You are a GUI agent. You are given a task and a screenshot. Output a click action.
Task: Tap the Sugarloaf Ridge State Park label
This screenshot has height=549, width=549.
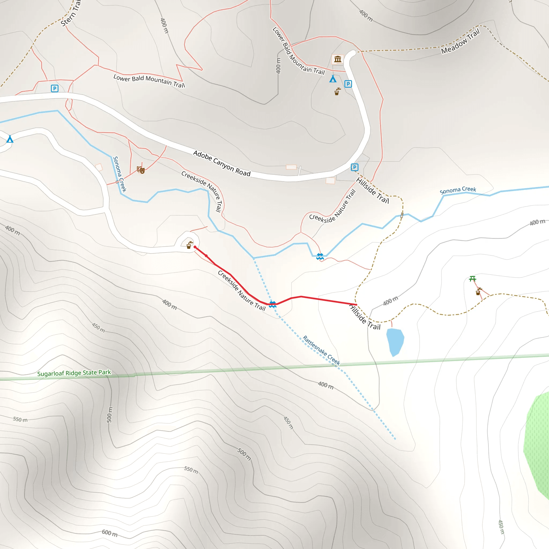point(74,373)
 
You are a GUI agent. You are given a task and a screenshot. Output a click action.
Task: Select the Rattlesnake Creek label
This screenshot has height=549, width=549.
point(321,350)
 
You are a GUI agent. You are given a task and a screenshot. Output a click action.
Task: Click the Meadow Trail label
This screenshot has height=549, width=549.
point(460,41)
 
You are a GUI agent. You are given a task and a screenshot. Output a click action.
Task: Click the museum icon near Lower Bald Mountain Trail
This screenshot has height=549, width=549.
point(337,59)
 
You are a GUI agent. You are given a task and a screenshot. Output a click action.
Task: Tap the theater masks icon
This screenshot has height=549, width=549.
point(141,170)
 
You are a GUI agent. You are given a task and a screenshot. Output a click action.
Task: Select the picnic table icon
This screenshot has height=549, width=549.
point(473,279)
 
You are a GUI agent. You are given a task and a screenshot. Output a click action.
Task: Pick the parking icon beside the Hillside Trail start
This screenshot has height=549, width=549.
point(354,167)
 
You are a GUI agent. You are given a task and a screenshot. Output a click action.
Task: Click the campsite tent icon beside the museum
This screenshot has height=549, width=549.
point(333,79)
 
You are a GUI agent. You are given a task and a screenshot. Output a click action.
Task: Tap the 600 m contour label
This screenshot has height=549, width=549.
point(110,533)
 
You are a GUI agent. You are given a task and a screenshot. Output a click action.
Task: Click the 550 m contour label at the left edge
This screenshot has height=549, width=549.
point(20,420)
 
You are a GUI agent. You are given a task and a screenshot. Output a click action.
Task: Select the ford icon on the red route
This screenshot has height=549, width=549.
point(273,304)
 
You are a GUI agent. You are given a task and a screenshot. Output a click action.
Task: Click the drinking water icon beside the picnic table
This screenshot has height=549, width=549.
point(478,292)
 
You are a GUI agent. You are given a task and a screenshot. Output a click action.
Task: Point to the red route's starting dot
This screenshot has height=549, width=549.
point(195,247)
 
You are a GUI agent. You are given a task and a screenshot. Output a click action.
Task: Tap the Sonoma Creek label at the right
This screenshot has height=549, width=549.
point(458,190)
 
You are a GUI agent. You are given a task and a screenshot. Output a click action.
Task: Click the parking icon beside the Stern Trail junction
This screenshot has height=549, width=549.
point(55,88)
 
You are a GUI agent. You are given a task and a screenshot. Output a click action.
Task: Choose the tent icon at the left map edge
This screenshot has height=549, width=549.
point(10,139)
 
